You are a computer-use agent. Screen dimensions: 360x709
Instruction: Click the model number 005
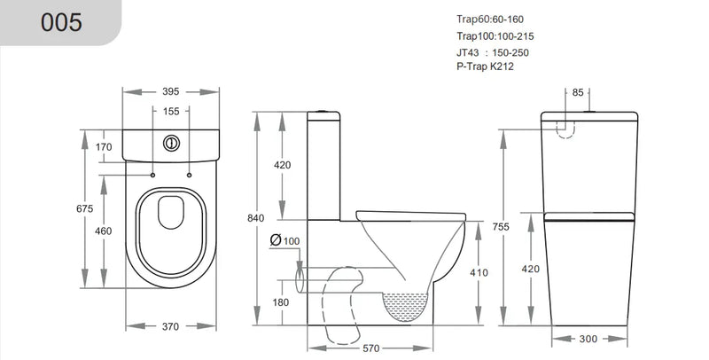(61, 22)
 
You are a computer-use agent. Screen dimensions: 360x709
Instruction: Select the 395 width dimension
(171, 91)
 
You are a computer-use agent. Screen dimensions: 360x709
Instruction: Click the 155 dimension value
(171, 111)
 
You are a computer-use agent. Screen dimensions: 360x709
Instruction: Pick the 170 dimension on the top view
(104, 146)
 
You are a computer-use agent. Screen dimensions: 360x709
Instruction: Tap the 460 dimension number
(104, 231)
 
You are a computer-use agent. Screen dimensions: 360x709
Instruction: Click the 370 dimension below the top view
(171, 326)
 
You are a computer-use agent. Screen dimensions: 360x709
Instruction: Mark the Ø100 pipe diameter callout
(286, 240)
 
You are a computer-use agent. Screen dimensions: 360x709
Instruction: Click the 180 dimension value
(282, 302)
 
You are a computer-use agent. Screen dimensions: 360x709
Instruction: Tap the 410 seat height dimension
(479, 272)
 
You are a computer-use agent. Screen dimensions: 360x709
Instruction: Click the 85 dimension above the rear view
(577, 92)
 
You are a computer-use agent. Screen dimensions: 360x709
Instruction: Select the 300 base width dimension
(588, 339)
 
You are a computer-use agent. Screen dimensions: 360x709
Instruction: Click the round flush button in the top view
(171, 141)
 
